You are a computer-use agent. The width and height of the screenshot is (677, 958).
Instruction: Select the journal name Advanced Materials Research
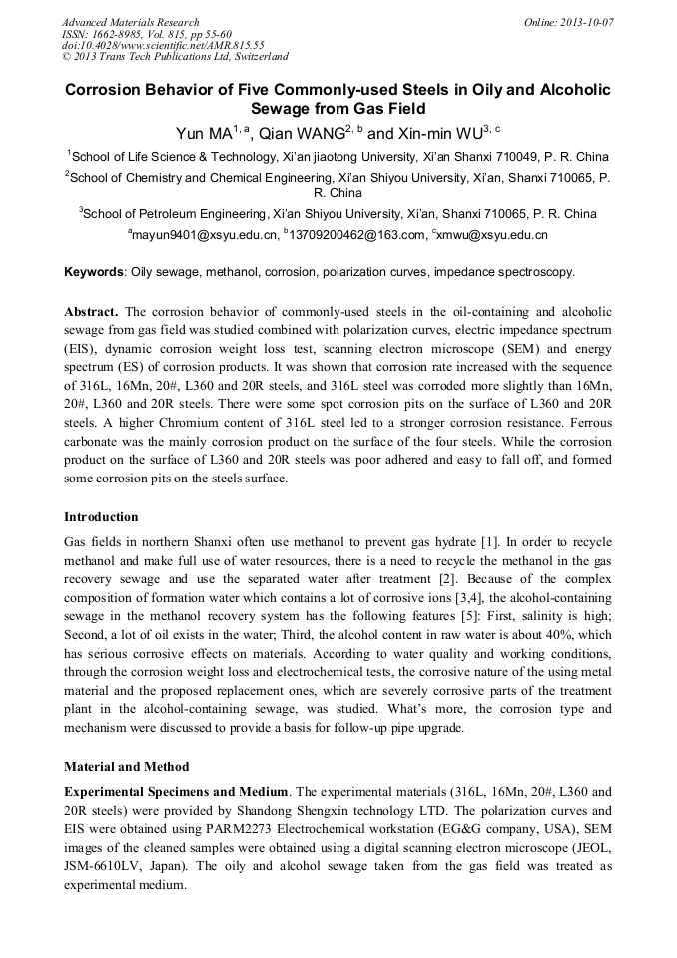(x=130, y=22)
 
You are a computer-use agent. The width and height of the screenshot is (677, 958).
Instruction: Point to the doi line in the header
(x=163, y=45)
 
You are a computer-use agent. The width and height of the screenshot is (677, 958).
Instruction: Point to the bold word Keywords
(x=94, y=272)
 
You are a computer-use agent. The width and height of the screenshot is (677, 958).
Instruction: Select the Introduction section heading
(x=101, y=517)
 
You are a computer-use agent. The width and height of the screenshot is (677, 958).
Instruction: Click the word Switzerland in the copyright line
(x=259, y=57)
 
